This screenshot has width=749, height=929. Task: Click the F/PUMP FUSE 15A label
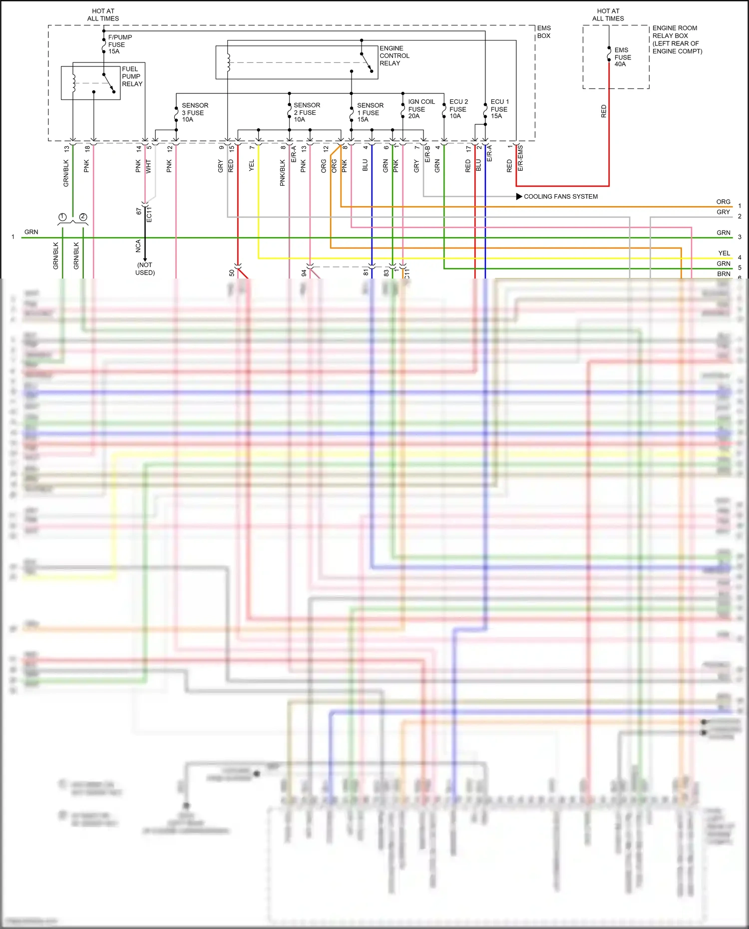119,44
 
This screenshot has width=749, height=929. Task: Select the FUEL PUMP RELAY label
132,76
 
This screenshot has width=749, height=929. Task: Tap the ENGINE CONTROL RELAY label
394,56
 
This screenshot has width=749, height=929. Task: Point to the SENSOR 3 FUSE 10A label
195,112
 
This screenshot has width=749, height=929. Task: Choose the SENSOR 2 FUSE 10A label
307,112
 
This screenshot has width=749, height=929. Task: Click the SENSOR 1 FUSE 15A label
370,112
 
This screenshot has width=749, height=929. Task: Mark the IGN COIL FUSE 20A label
421,109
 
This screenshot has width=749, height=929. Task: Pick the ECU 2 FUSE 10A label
458,109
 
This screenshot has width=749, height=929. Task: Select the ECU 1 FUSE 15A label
499,109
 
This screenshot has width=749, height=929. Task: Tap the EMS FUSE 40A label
622,57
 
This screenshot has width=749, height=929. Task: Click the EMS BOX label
544,32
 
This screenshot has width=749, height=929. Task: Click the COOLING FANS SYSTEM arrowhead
519,197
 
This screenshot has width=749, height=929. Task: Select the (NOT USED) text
145,269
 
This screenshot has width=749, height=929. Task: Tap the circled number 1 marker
62,217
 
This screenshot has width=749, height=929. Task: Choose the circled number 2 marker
83,217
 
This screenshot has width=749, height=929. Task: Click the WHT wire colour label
148,167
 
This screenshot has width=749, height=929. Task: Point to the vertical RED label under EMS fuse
604,111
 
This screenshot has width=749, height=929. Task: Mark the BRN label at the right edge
724,274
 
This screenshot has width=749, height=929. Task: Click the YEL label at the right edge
724,253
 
